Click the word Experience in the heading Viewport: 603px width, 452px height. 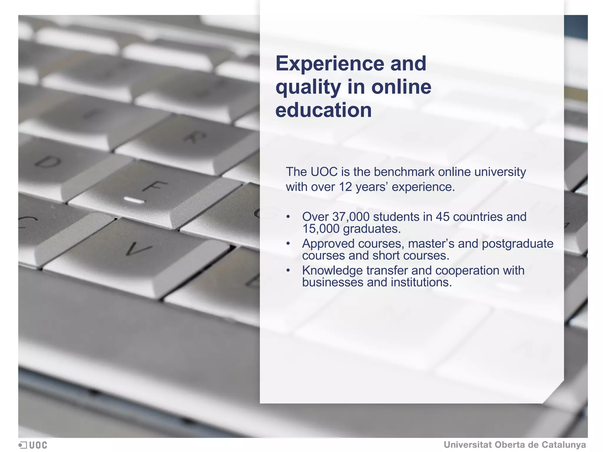pyautogui.click(x=330, y=64)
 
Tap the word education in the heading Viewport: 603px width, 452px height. pyautogui.click(x=323, y=110)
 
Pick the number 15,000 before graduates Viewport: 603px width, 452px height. pyautogui.click(x=321, y=229)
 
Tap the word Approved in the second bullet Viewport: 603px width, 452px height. pyautogui.click(x=328, y=244)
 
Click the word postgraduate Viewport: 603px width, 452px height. pyautogui.click(x=518, y=244)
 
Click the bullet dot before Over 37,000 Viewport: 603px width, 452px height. pyautogui.click(x=288, y=217)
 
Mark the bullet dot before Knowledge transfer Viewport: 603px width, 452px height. pyautogui.click(x=288, y=270)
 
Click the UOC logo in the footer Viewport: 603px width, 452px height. pyautogui.click(x=33, y=445)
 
